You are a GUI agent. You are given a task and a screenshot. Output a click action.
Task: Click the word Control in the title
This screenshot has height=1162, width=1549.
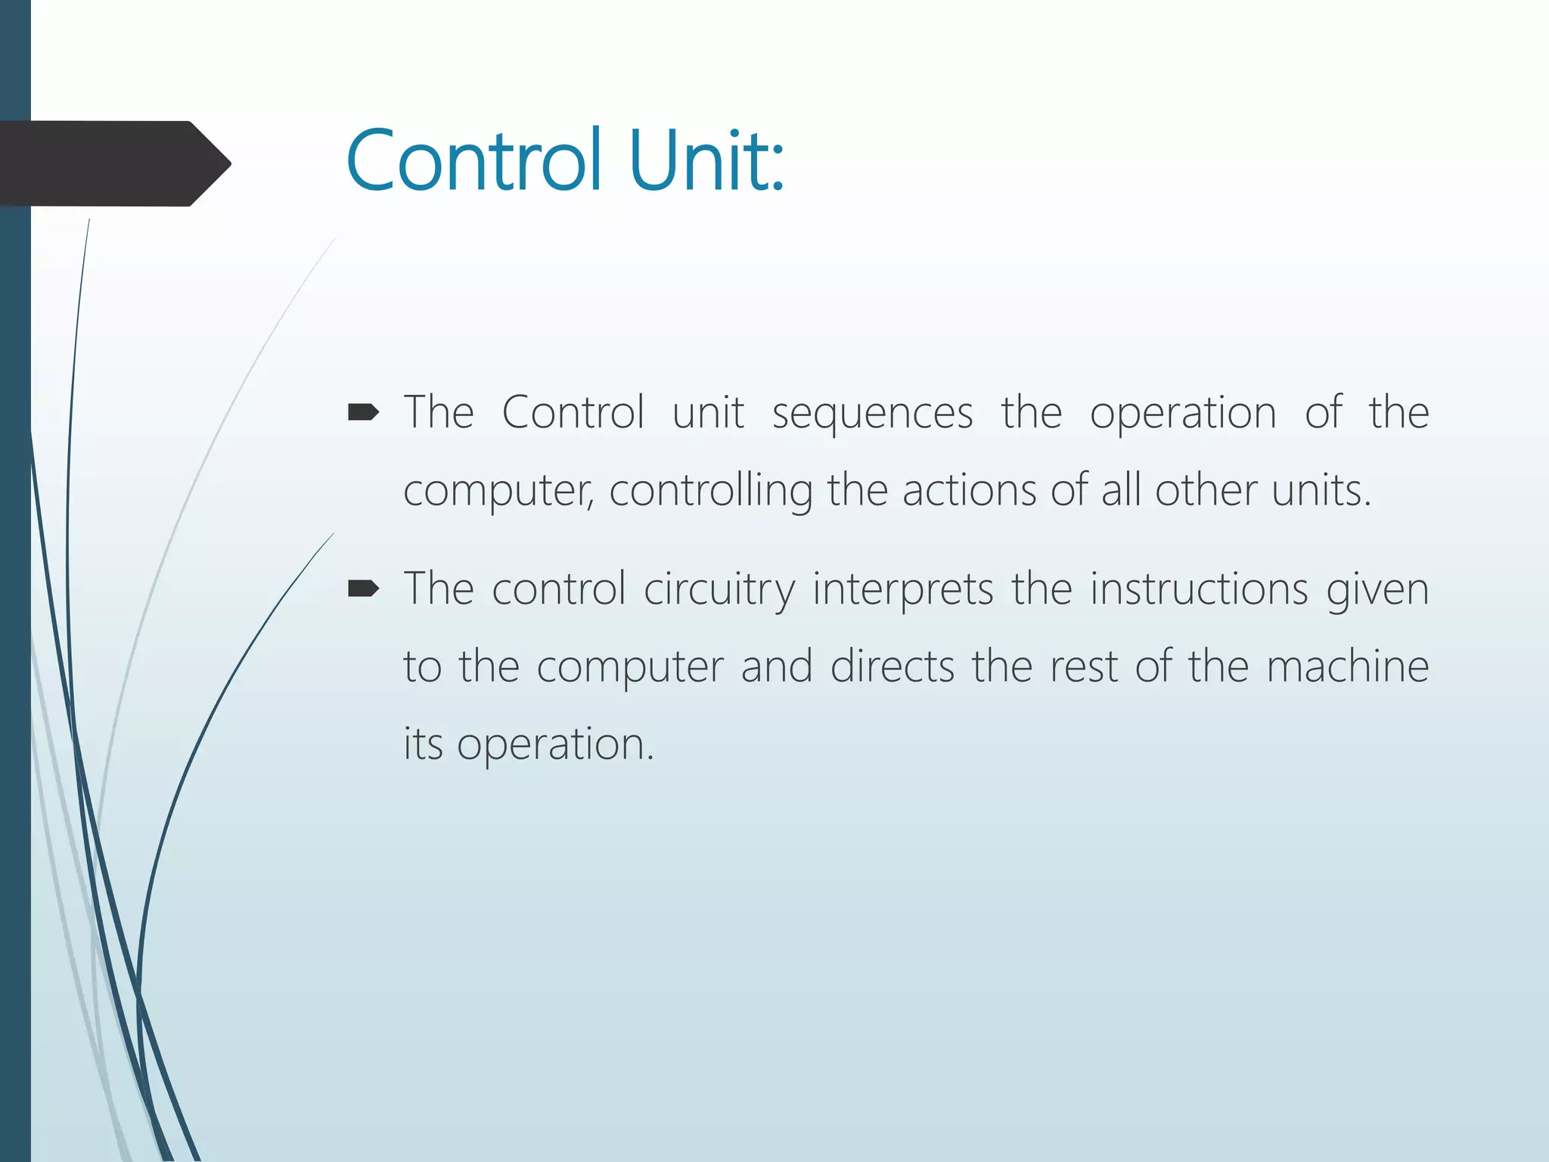tap(474, 161)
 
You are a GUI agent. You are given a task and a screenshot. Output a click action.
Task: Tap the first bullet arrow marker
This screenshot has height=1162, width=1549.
tap(362, 412)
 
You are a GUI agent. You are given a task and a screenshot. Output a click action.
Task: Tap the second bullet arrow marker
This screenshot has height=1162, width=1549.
tap(362, 589)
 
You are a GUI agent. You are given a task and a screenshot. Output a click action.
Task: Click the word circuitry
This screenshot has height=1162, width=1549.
tap(719, 591)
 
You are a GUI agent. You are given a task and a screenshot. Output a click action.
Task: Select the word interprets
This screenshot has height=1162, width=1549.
tap(902, 591)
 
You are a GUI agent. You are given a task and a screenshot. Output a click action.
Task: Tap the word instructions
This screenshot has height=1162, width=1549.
tap(1199, 589)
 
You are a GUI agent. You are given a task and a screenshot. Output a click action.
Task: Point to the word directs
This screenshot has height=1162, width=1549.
tap(892, 667)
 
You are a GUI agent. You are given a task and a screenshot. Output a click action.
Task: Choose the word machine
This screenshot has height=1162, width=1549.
tap(1348, 667)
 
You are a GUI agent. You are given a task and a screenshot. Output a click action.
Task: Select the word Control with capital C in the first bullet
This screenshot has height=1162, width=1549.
tap(573, 413)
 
